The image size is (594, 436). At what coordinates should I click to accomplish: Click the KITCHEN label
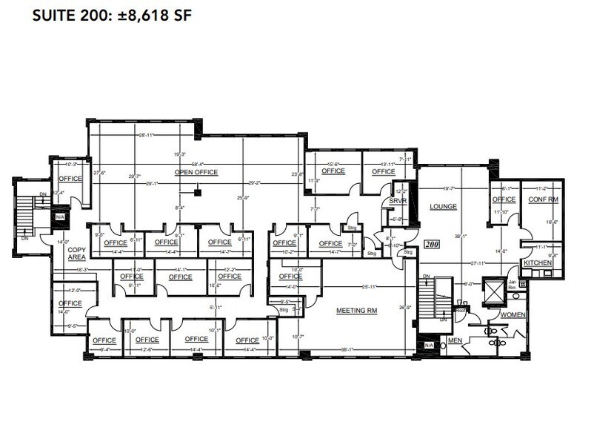point(538,263)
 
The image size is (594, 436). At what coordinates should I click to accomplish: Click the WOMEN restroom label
point(513,314)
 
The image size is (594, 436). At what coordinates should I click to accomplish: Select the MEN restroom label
point(455,341)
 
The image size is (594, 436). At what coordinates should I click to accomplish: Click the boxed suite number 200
point(432,244)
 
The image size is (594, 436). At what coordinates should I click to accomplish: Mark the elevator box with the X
point(493,288)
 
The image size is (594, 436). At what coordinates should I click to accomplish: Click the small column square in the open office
point(197,194)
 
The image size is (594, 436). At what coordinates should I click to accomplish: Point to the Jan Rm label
point(513,284)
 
